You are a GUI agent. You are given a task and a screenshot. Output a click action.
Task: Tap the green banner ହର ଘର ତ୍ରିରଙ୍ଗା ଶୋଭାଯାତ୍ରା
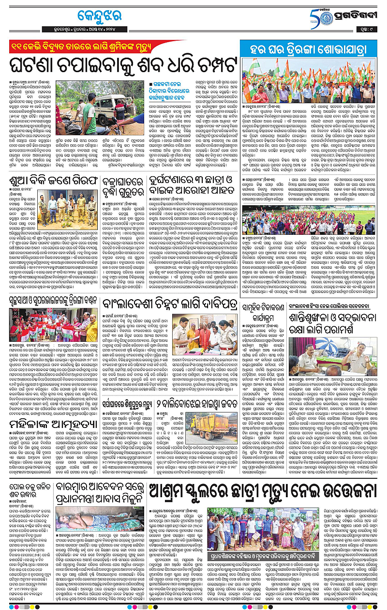[x=309, y=48]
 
